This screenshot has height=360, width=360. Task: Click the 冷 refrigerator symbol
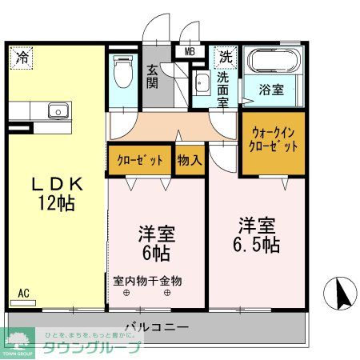22,58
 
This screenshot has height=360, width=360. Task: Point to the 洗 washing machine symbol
226,57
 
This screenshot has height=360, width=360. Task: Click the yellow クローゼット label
139,160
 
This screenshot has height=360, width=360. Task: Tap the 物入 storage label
190,160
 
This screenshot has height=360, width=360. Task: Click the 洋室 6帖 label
157,243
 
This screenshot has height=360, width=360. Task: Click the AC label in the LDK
23,294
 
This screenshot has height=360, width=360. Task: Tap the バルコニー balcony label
156,328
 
